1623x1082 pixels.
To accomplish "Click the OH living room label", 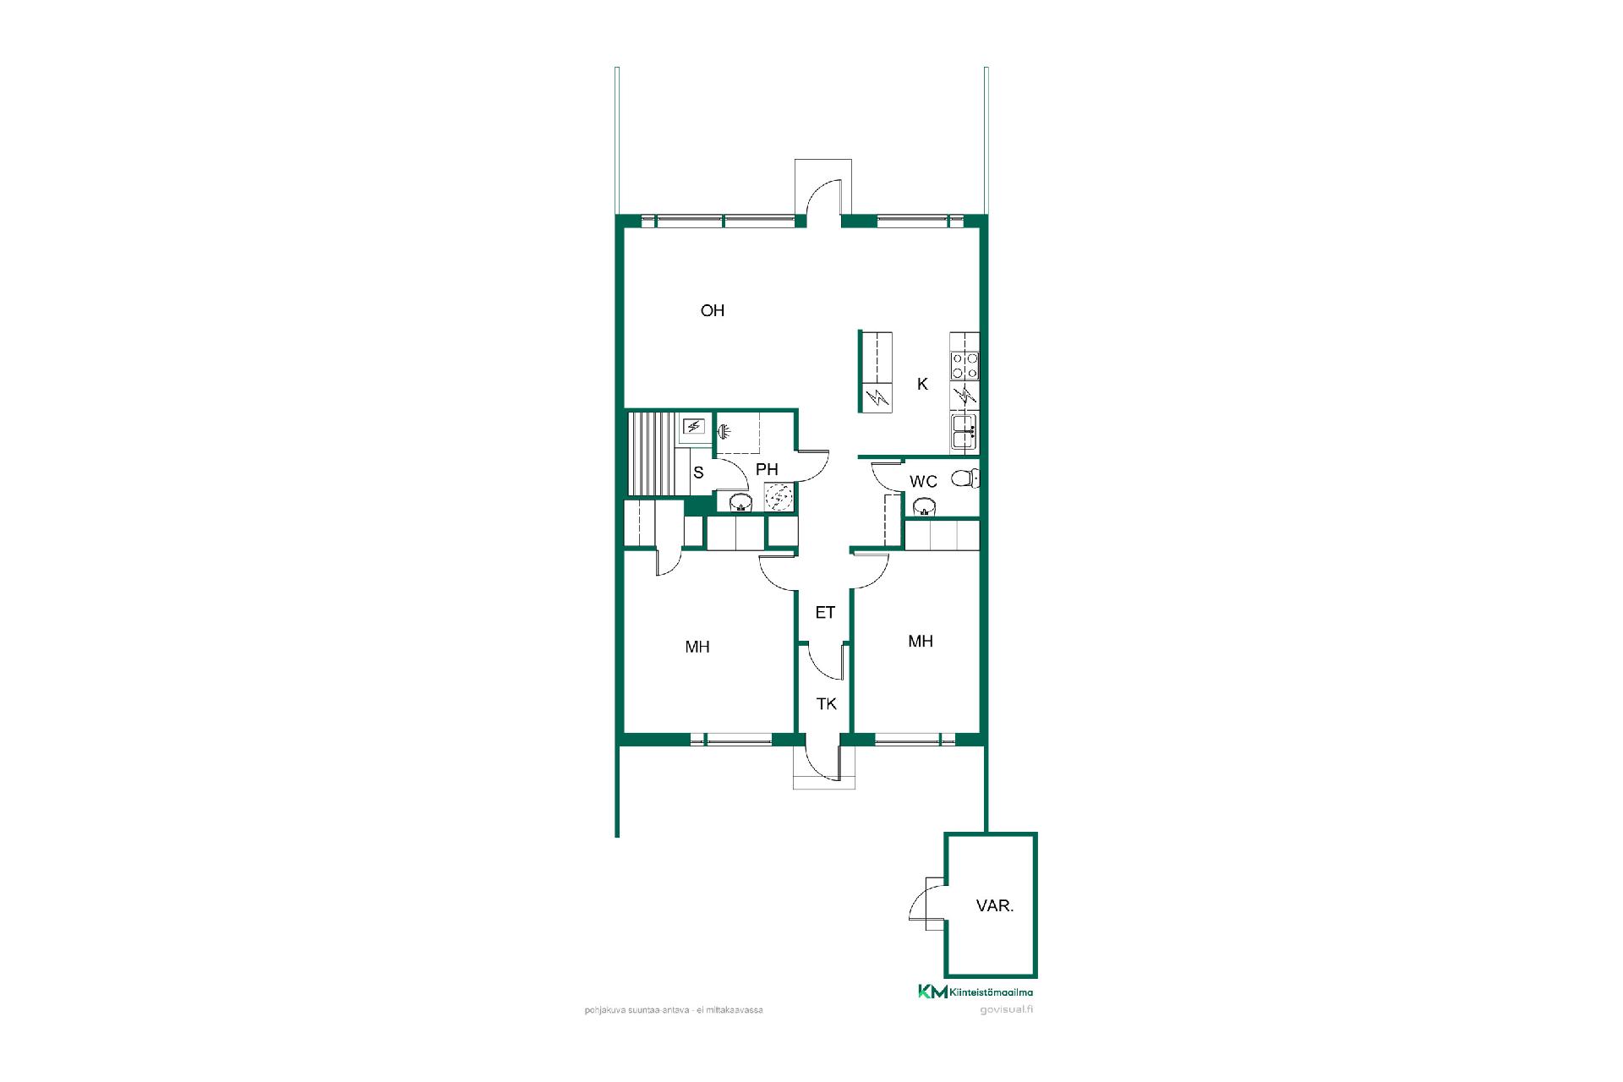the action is click(713, 310).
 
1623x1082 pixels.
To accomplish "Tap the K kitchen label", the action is click(922, 384).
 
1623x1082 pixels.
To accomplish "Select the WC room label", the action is click(923, 482).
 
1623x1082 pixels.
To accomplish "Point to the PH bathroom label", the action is click(767, 469).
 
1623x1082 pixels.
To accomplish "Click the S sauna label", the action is click(698, 473).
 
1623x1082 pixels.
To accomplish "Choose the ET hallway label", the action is click(825, 613).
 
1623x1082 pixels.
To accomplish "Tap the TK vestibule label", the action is click(826, 703).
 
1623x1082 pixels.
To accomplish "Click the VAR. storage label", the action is click(995, 905).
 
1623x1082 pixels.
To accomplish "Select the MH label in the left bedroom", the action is click(697, 647).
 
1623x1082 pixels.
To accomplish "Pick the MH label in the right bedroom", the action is click(921, 641).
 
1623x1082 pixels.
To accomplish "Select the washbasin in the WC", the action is click(925, 507).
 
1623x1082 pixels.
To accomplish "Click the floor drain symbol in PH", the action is click(779, 496).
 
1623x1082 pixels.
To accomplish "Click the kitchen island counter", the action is click(876, 372).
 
